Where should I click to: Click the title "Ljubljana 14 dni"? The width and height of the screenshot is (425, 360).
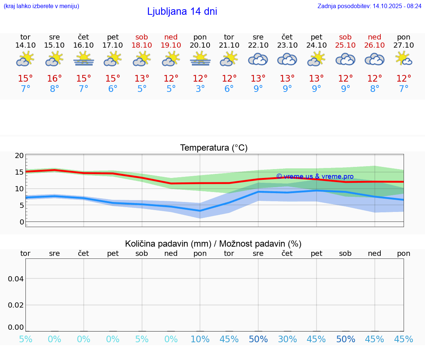tap(182, 11)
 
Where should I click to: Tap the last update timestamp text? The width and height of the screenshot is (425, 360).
tap(369, 6)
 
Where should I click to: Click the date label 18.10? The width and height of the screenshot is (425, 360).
tap(142, 45)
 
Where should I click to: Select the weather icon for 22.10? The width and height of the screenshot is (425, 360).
tap(258, 59)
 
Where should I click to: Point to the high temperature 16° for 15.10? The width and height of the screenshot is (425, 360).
tap(55, 79)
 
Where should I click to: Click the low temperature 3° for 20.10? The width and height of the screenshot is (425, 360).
tap(200, 89)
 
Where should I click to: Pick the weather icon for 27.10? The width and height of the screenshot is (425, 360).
tap(404, 59)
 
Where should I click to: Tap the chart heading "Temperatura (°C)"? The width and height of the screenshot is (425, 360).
tap(214, 148)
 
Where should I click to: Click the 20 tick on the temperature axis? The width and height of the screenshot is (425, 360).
tap(19, 155)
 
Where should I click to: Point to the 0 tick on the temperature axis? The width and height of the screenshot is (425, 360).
tap(21, 222)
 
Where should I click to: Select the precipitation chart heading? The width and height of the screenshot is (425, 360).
tap(213, 244)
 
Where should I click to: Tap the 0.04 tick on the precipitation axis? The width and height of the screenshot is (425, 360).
tap(16, 279)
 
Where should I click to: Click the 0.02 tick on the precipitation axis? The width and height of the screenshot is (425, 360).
tap(16, 305)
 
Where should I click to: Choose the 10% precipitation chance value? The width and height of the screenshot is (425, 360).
tap(200, 339)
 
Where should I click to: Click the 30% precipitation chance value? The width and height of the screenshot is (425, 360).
tap(287, 339)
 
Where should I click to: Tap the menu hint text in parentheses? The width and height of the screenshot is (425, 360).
tap(41, 6)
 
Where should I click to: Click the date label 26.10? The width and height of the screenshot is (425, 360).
tap(374, 45)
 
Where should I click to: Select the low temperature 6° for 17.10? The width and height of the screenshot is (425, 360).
tap(113, 89)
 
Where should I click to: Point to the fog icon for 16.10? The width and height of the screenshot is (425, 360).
tap(84, 59)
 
